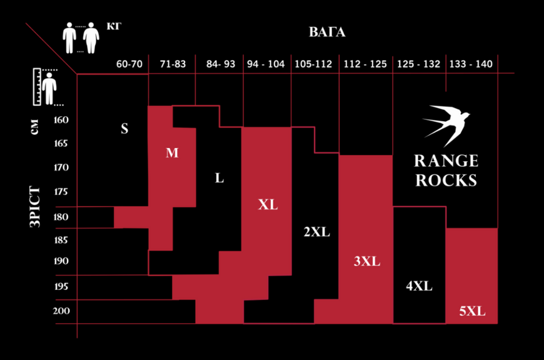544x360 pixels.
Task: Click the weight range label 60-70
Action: point(129,64)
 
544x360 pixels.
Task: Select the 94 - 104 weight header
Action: point(266,64)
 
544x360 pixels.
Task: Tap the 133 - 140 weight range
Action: point(471,64)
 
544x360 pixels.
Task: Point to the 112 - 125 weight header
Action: point(365,64)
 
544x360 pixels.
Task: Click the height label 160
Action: point(61,120)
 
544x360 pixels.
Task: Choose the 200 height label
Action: point(61,311)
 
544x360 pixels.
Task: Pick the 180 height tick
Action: point(61,217)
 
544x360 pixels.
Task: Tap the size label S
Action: point(124,129)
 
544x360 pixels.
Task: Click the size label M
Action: point(172,152)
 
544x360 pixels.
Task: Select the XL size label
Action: point(268,204)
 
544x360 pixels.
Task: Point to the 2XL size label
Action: point(317,232)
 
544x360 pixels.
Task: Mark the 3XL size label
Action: point(367,261)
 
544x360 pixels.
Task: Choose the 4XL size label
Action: point(419,286)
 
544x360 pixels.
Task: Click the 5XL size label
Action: point(472,311)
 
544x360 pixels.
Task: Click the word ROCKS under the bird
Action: point(446,181)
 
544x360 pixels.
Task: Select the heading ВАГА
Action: point(327,32)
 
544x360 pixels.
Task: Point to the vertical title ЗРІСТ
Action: point(34,206)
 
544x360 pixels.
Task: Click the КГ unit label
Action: point(114,26)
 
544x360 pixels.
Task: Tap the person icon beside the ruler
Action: point(49,88)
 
